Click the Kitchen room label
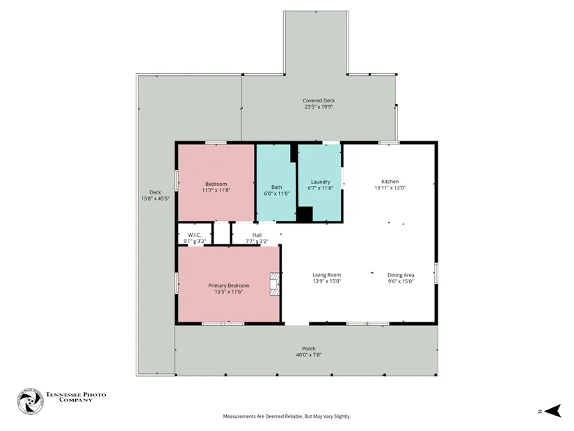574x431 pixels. tap(390, 182)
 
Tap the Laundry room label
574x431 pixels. tap(320, 182)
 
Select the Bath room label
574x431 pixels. tap(277, 187)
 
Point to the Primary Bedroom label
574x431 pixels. tap(229, 285)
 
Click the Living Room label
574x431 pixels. tap(327, 275)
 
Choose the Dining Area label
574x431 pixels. tap(401, 275)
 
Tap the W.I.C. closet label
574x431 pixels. tap(194, 235)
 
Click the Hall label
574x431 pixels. tap(257, 235)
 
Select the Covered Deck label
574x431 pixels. tap(319, 100)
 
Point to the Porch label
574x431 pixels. tap(309, 349)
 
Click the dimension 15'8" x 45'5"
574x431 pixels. tap(156, 198)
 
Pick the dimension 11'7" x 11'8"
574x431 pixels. tap(216, 190)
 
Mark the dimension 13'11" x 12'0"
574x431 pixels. tap(390, 187)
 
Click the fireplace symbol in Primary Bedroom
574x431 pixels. tap(275, 284)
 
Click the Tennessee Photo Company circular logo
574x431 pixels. tap(31, 402)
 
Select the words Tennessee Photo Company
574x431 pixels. tap(76, 398)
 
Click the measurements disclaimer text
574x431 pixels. tap(287, 416)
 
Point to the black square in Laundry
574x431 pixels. tap(305, 214)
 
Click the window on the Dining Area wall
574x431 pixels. tap(436, 273)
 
